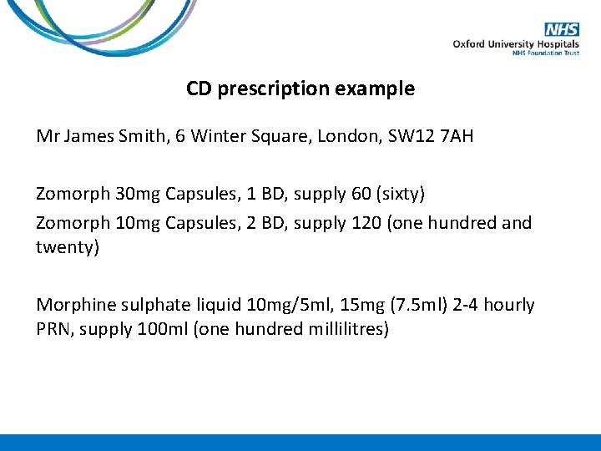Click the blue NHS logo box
click(x=563, y=30)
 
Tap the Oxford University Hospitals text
click(x=516, y=44)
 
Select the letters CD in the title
click(x=199, y=89)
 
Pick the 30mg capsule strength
click(x=133, y=194)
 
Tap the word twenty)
click(x=68, y=247)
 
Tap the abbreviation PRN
click(x=53, y=329)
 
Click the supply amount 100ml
click(x=162, y=329)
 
